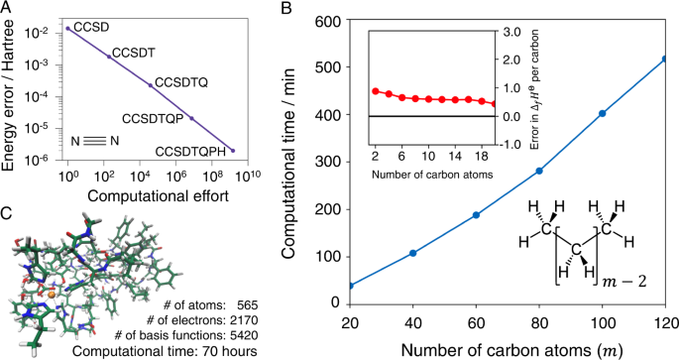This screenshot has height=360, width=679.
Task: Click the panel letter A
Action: tap(7, 9)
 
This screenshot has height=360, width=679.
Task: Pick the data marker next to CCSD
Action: tap(67, 28)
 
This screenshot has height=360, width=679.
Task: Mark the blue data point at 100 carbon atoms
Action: tap(601, 113)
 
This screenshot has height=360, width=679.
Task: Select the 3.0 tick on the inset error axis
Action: tap(510, 32)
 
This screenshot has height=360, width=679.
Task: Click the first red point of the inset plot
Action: tap(376, 91)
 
